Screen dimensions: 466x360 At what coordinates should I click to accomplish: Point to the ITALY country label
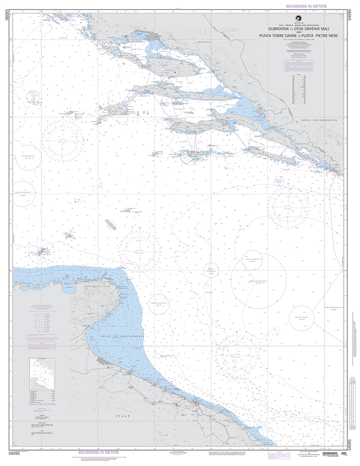click(x=122, y=416)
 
